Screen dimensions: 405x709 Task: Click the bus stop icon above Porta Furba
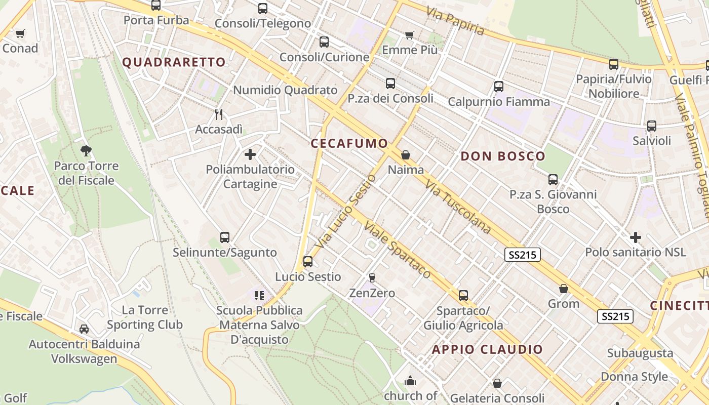[x=156, y=6]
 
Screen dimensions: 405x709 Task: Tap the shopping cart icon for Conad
[x=20, y=34]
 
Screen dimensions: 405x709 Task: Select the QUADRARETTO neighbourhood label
[x=174, y=62]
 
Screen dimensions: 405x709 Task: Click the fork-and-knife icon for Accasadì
[x=219, y=114]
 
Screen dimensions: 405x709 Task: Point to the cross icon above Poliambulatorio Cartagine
[x=250, y=154]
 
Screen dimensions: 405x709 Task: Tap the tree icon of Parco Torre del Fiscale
[x=86, y=150]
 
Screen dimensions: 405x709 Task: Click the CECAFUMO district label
[x=349, y=143]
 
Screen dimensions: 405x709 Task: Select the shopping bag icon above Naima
[x=405, y=155]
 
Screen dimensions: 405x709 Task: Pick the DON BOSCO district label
[x=502, y=156]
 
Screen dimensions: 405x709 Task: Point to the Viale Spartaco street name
[x=398, y=250]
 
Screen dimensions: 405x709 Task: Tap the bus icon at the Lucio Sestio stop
[x=307, y=262]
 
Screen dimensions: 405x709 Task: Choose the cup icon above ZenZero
[x=372, y=277]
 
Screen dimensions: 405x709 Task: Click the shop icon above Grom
[x=563, y=289]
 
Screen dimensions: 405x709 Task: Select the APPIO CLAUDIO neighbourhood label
[x=487, y=349]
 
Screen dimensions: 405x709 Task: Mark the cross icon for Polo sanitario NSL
[x=635, y=237]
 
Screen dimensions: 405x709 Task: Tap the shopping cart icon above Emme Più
[x=409, y=35]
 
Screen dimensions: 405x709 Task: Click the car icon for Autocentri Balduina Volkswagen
[x=84, y=329]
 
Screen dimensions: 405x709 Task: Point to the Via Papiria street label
[x=455, y=21]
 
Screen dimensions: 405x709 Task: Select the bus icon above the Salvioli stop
[x=651, y=126]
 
